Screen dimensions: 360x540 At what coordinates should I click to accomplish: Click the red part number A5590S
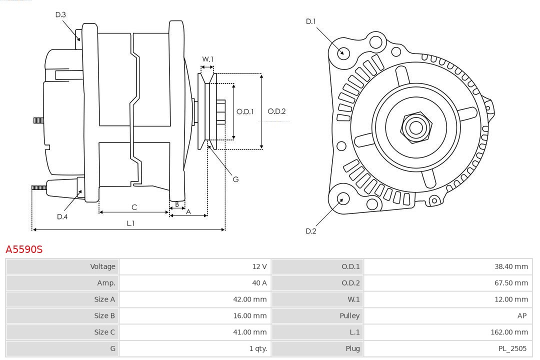click(x=24, y=249)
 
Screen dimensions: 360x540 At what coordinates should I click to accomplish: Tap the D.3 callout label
click(x=60, y=15)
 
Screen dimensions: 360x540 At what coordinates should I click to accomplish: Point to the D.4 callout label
click(x=62, y=216)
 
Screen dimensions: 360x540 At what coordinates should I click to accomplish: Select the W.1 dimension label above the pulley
click(x=207, y=59)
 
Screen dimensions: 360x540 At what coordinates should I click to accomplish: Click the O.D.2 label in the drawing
click(x=276, y=111)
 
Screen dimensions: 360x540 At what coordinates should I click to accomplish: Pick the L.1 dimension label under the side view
click(x=130, y=223)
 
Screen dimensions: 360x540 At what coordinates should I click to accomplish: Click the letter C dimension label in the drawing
click(x=134, y=207)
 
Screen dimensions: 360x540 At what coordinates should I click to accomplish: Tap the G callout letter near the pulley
click(x=235, y=179)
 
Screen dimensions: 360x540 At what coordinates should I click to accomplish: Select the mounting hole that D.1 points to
click(x=343, y=52)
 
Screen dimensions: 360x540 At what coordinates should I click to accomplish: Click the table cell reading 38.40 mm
click(x=511, y=266)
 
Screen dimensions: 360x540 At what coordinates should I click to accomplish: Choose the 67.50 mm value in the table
click(x=511, y=283)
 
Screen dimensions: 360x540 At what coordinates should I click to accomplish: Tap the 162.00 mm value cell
click(x=509, y=332)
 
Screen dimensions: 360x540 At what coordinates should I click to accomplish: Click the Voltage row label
click(x=102, y=266)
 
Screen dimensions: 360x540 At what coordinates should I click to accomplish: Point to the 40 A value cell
click(x=259, y=283)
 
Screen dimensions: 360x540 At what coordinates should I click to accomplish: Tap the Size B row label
click(x=104, y=315)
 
